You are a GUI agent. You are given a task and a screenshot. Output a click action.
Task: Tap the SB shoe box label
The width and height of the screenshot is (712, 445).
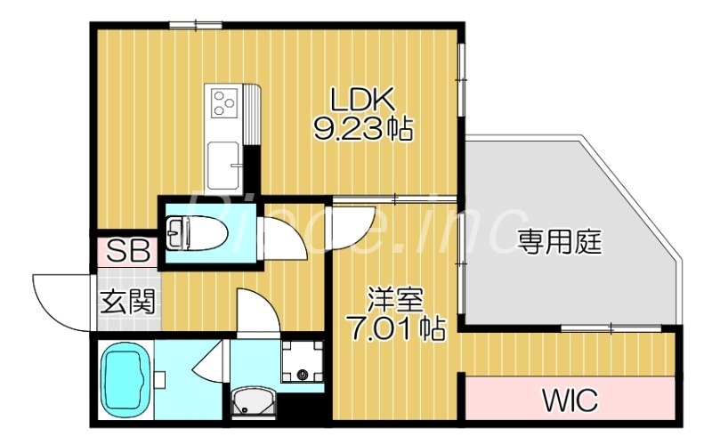(x=127, y=251)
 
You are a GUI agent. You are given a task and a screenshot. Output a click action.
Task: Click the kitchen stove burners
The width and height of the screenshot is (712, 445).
(x=223, y=103)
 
